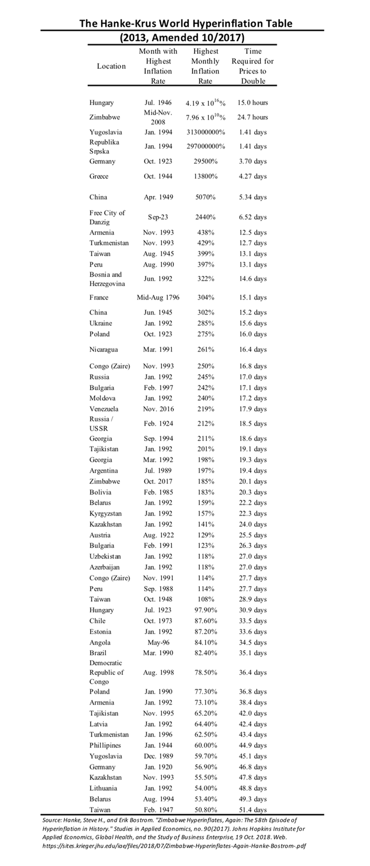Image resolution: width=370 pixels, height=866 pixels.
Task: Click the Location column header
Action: point(111,66)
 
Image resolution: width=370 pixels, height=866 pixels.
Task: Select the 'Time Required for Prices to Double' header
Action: point(253,66)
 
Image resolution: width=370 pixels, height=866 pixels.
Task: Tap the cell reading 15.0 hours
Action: point(253,103)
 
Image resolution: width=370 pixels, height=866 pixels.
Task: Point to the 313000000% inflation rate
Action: point(206,132)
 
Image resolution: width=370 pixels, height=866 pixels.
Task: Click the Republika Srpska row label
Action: point(104,147)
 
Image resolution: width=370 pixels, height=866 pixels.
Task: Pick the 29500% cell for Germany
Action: point(206,161)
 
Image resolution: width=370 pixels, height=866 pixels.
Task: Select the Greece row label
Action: point(99,176)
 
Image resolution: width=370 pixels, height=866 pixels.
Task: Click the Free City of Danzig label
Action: point(107,217)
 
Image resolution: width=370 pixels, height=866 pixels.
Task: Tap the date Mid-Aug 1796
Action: point(158,297)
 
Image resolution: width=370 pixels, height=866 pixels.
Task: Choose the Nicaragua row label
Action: point(104,349)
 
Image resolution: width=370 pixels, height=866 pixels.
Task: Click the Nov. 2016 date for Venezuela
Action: point(158,409)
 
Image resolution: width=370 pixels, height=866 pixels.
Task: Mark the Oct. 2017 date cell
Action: point(158,481)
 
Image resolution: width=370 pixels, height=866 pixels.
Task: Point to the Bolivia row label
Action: point(100,492)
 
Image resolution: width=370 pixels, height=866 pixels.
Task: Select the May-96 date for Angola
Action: point(158,642)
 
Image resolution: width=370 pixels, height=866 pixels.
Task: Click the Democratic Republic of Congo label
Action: point(107,672)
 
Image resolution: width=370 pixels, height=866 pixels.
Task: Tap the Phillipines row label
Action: point(105,745)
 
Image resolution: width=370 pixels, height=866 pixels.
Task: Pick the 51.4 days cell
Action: point(253,809)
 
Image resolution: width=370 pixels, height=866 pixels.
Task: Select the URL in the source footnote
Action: point(174,845)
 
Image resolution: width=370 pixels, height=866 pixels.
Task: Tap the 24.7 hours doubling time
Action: point(253,117)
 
